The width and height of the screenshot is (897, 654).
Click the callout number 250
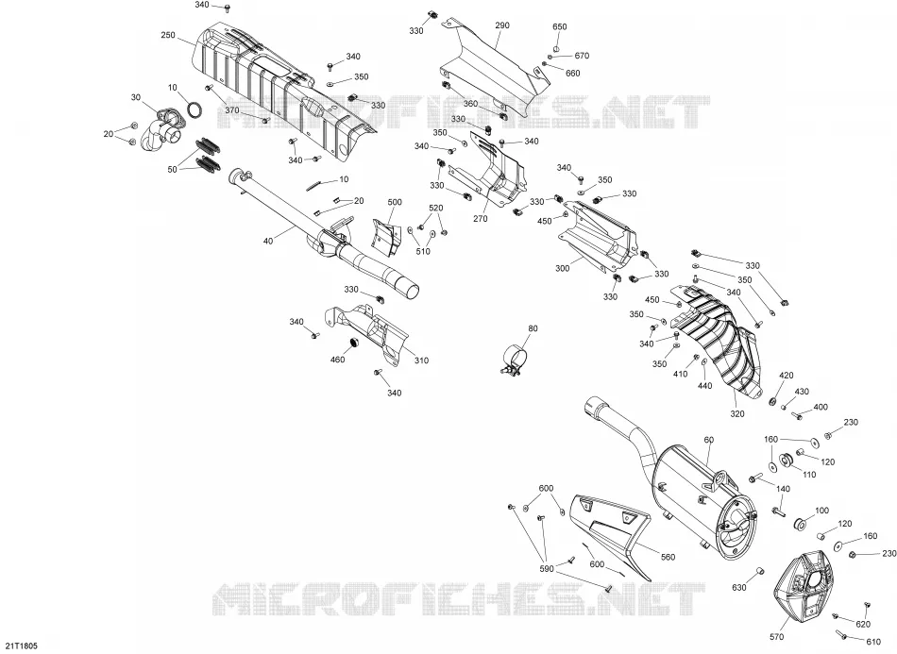168,36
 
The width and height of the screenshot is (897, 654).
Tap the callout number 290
502,25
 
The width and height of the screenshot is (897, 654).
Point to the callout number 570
777,637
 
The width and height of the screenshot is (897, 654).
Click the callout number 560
668,557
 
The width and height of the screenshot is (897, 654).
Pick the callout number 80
533,328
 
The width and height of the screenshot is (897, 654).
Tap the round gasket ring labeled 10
195,109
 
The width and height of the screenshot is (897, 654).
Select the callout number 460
337,360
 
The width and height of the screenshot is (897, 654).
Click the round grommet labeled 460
353,343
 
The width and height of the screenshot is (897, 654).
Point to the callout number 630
739,587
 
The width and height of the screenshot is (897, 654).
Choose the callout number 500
395,202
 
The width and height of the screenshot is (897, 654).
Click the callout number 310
422,361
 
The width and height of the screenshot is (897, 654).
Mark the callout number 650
560,26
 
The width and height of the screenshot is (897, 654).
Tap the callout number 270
481,219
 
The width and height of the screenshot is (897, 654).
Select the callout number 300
563,268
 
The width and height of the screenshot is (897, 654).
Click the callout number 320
737,414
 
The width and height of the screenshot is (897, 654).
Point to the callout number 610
873,642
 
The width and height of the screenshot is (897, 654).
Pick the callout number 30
136,98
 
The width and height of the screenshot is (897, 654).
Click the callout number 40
268,242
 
